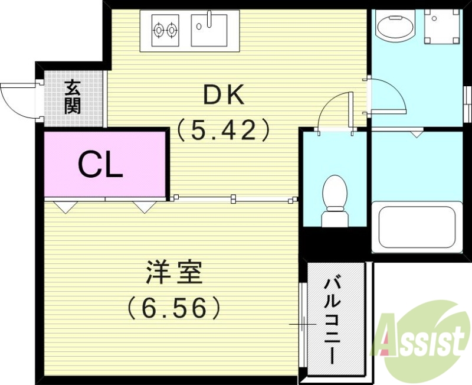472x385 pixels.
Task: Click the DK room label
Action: coord(223,95)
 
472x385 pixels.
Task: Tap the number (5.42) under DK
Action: coord(224,129)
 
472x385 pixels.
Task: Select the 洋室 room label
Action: coord(174,273)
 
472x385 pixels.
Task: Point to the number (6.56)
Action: coord(174,307)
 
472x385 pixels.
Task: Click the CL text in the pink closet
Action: coord(101,165)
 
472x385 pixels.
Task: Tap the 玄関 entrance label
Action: coord(73,97)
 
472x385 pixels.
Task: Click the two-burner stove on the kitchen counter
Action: coord(165,29)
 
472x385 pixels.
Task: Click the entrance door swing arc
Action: coord(18,100)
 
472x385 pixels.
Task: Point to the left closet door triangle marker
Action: coord(65,207)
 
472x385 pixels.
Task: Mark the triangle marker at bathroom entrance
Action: coord(417,135)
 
